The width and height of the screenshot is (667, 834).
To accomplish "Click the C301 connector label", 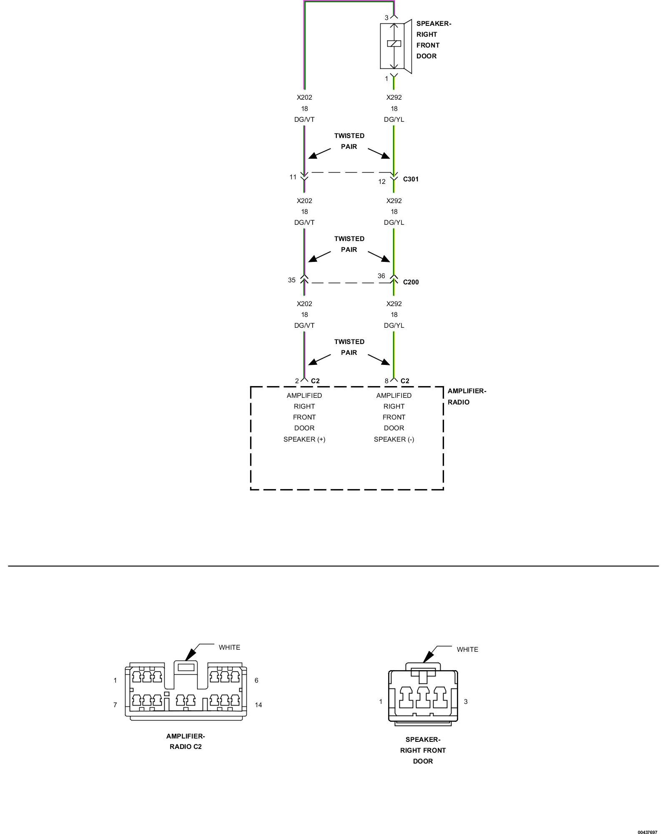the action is tap(411, 179).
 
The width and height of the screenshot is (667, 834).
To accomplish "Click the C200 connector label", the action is tap(411, 282).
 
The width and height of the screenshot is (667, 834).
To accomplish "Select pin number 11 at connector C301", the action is tap(293, 177).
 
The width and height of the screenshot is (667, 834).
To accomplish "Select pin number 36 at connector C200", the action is tap(381, 276).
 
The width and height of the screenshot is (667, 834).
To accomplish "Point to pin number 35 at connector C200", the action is tap(292, 280).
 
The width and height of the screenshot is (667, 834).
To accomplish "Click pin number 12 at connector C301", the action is tap(382, 182).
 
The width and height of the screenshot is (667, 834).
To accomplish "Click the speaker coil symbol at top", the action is tap(394, 43).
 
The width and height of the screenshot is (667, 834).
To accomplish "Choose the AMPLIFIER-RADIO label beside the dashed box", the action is tap(466, 397).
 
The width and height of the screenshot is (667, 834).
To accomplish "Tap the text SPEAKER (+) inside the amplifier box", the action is tap(304, 439).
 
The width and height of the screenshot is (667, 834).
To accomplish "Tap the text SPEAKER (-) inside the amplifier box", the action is tap(394, 439).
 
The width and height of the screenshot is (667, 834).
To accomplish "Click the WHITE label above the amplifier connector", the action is tap(229, 648).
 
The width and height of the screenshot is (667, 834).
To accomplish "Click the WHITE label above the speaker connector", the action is tap(467, 650).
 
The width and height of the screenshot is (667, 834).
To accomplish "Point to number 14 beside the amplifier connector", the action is tap(258, 705).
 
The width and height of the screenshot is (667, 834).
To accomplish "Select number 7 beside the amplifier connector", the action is tap(115, 705).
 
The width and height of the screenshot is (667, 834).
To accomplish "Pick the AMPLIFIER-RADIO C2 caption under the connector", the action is tap(186, 741).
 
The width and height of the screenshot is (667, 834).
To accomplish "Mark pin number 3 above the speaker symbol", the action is tap(386, 18).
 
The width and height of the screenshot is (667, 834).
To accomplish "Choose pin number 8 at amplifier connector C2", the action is tap(386, 381).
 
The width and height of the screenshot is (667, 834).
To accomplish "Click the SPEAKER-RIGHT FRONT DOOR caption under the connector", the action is tap(423, 750).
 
